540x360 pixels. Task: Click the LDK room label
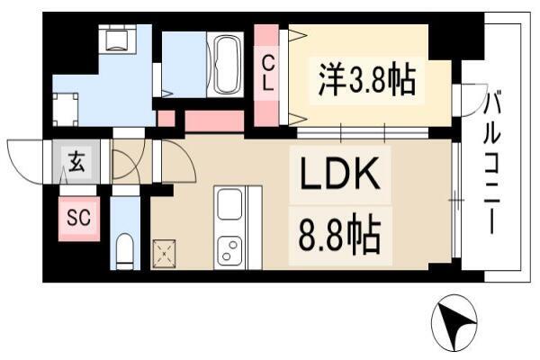coord(340,174)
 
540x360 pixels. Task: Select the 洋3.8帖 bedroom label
coord(367,81)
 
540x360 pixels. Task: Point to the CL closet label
coord(268,74)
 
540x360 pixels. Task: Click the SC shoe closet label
coord(79,218)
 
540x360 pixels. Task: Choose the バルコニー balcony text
coord(491,162)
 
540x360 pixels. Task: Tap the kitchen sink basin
coord(229,204)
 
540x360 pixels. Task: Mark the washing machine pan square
coord(66,109)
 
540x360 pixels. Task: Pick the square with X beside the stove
coord(164,254)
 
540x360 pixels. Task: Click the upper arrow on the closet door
coord(298,35)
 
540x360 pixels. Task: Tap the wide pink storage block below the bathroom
coord(214,121)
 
